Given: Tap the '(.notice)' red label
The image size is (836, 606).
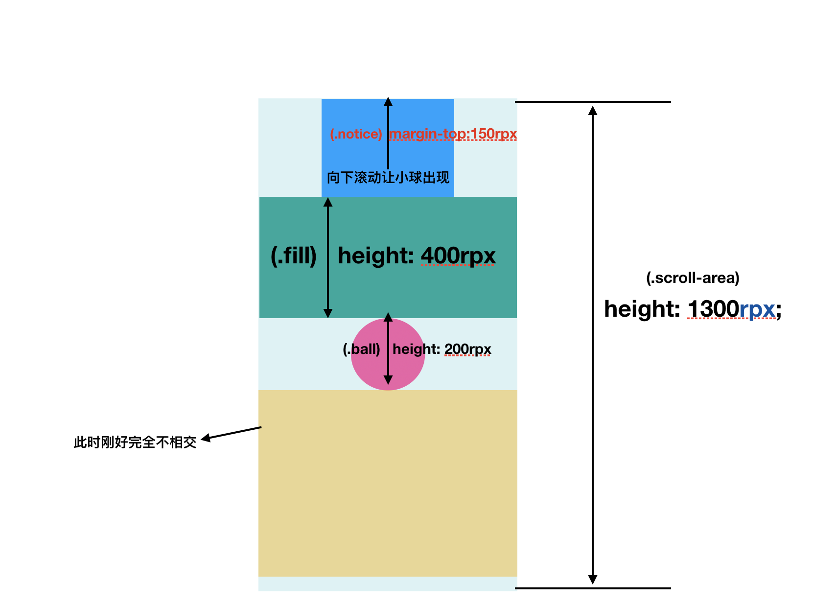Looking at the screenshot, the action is click(356, 134).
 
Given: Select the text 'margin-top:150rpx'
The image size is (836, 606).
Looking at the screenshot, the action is click(453, 134).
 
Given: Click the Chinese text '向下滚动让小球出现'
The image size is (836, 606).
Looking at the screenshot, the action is click(388, 177).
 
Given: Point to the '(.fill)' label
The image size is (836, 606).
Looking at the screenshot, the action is click(294, 256).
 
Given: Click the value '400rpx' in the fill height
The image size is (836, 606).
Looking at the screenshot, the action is click(458, 256).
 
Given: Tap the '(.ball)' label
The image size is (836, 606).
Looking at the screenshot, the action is click(361, 349).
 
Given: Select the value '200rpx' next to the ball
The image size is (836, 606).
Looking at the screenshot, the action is click(467, 349).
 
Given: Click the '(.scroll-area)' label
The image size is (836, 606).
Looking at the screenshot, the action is click(693, 278).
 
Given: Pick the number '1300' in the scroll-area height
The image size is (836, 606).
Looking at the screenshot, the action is click(713, 309).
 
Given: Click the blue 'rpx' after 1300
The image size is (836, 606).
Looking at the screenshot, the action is click(757, 309).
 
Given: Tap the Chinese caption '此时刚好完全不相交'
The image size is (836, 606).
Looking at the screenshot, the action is click(135, 443).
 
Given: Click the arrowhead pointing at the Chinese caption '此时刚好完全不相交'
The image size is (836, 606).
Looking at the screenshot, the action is click(206, 438).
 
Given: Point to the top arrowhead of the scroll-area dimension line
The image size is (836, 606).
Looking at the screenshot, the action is click(593, 110).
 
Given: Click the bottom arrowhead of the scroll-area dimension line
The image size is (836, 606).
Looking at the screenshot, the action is click(593, 580).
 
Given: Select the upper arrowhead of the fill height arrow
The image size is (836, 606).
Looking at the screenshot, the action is click(328, 202).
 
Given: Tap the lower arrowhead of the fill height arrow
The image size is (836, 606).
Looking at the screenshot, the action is click(328, 313).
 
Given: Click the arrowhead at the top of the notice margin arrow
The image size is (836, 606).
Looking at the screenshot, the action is click(388, 102).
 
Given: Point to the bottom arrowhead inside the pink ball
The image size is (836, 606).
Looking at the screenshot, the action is click(388, 379).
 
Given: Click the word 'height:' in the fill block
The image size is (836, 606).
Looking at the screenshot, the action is click(376, 256).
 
